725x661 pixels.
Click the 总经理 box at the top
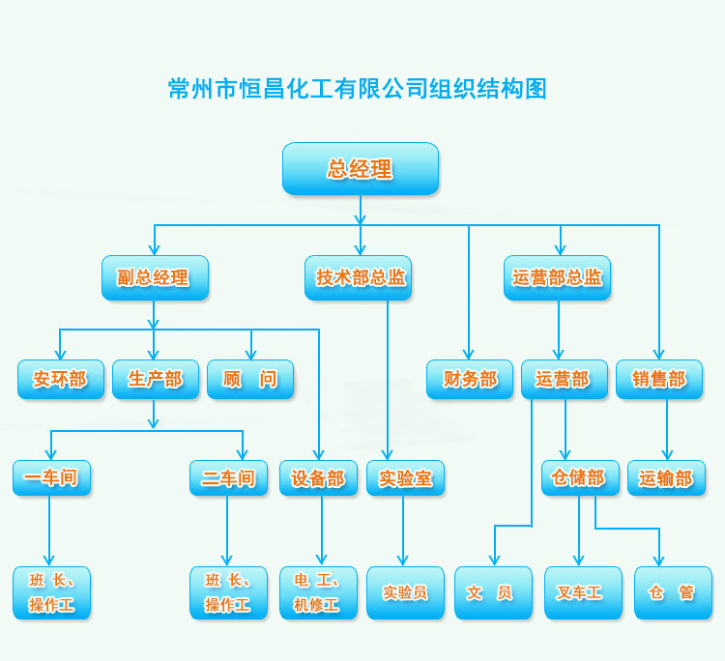tap(361, 169)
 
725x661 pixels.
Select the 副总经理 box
tap(155, 278)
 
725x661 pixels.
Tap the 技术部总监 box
tap(361, 278)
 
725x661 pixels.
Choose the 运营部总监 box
tap(557, 278)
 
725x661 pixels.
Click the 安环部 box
tap(60, 380)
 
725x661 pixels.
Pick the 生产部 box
tap(155, 380)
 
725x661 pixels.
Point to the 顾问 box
tap(249, 380)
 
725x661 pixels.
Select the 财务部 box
tap(470, 380)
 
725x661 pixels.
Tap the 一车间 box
tap(51, 478)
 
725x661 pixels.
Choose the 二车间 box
tap(228, 478)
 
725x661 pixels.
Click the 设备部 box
tap(318, 478)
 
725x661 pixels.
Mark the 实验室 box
tap(405, 478)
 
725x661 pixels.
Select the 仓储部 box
tap(579, 478)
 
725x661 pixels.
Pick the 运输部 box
tap(666, 478)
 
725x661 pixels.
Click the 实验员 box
tap(405, 593)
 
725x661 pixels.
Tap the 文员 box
tap(493, 593)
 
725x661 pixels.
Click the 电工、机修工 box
tap(318, 593)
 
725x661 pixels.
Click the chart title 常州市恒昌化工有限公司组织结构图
tap(358, 90)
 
